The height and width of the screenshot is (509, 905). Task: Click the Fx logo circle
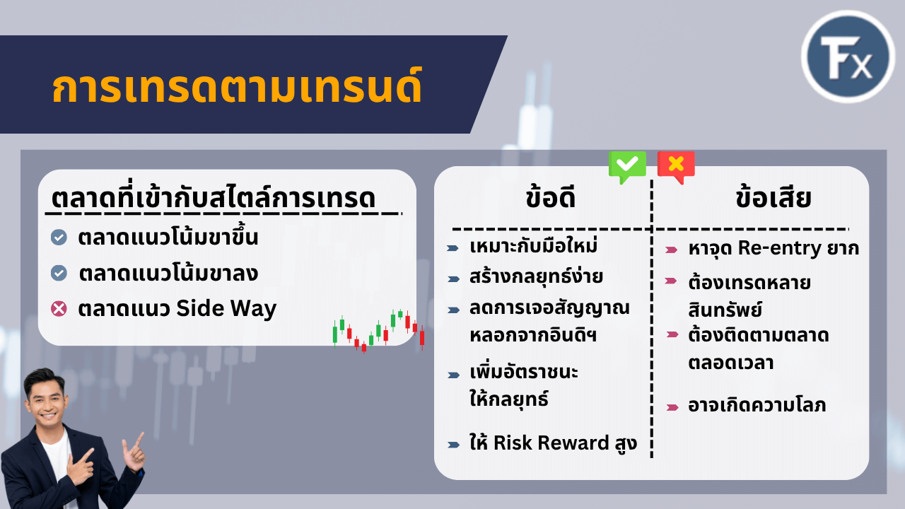(848, 57)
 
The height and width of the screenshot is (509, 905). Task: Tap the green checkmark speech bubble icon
(627, 166)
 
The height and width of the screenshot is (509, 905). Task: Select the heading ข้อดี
(551, 199)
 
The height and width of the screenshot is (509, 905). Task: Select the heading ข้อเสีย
(773, 199)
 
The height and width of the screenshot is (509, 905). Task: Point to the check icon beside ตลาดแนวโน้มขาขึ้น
(59, 238)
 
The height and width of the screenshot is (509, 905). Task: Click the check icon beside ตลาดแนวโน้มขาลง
(59, 273)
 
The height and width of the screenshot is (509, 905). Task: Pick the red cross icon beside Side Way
(59, 309)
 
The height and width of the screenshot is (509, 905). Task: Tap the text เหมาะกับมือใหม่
(534, 247)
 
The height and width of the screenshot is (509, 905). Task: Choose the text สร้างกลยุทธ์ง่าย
(536, 276)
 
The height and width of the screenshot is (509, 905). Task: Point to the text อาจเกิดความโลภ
(757, 406)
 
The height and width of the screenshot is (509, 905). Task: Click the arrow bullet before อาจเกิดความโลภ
(672, 406)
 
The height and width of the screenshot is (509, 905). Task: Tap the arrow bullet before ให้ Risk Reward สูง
(453, 445)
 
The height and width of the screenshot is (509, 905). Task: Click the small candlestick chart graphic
(378, 330)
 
